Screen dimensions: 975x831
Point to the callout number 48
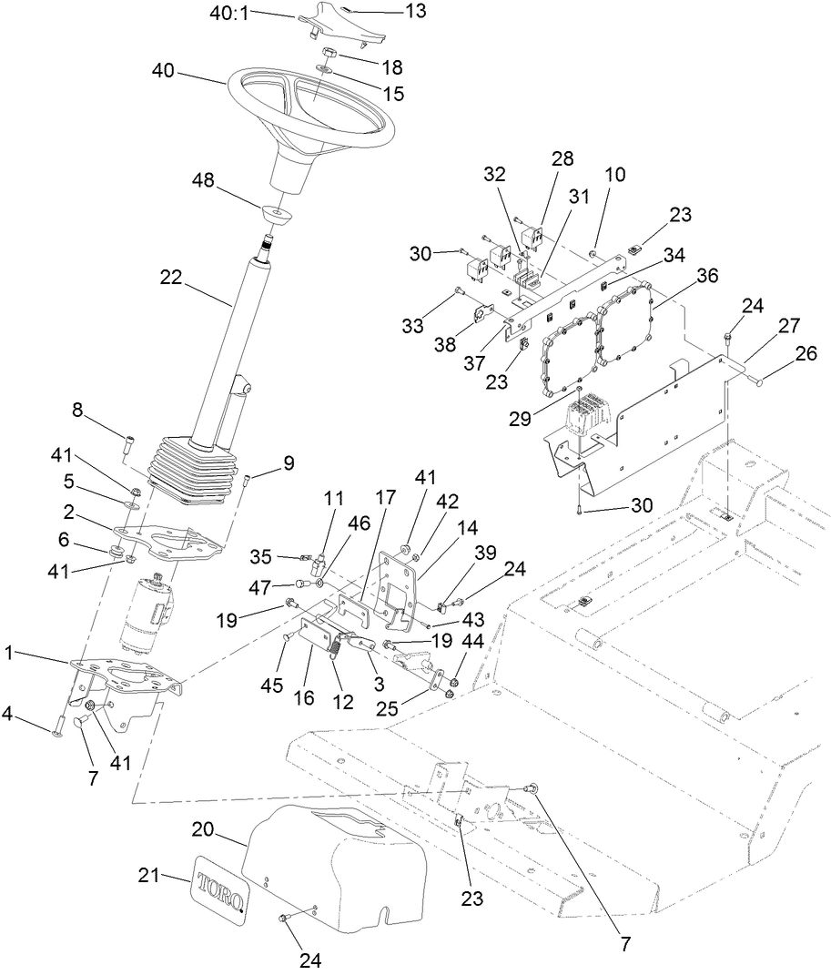coord(203,181)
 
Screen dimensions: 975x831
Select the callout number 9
coord(288,463)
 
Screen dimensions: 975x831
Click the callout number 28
coord(562,158)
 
